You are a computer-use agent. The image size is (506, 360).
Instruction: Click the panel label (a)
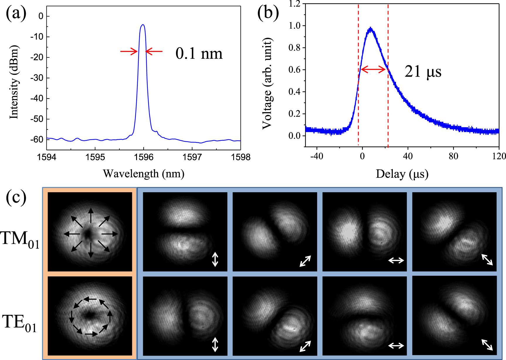[16, 14]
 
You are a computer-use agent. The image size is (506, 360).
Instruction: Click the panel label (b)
[268, 14]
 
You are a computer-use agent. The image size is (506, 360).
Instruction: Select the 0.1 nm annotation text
[199, 53]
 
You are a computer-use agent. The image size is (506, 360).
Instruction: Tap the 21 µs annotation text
[423, 71]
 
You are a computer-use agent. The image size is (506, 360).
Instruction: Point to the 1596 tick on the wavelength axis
[143, 157]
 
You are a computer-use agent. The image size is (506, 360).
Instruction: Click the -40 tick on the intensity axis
[37, 99]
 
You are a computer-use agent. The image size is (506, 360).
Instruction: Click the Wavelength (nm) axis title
[143, 174]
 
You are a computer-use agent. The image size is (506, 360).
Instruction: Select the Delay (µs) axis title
[402, 174]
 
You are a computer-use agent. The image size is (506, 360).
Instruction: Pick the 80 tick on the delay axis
[453, 156]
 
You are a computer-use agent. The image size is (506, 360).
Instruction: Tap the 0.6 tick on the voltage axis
[295, 70]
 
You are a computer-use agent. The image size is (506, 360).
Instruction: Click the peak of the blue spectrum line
[143, 25]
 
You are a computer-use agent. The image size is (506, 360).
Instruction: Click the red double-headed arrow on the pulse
[373, 70]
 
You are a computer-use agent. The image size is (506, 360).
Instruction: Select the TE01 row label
[20, 323]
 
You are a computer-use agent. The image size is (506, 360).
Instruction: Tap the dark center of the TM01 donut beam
[88, 234]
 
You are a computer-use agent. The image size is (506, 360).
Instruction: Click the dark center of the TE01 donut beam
[89, 315]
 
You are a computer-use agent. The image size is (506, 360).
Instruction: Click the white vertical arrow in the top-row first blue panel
[215, 259]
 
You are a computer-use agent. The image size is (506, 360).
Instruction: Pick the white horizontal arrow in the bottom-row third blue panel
[396, 346]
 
